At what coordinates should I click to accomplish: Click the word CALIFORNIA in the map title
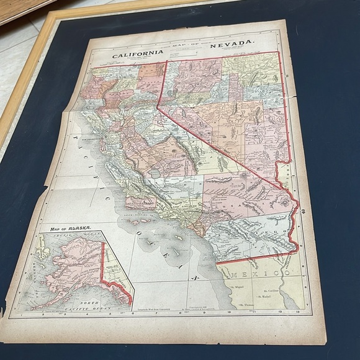(x=138, y=53)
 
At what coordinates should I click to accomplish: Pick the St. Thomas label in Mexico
(x=243, y=305)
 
